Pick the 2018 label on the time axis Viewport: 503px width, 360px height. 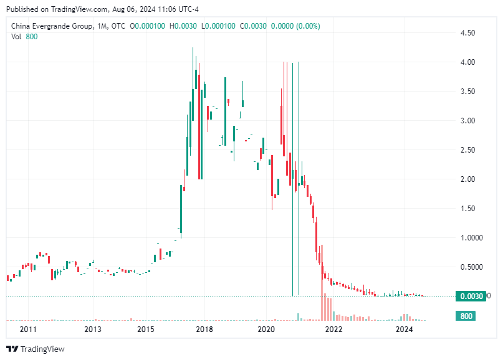(x=204, y=329)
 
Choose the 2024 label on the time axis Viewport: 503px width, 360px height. (x=405, y=329)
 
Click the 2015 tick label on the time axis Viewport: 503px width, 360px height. (x=145, y=329)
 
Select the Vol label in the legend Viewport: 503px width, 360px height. (x=17, y=36)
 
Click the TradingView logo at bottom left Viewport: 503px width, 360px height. (x=36, y=349)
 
